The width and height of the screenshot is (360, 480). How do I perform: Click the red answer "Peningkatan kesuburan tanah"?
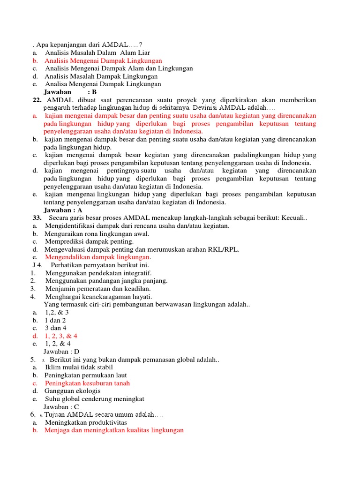click(x=87, y=383)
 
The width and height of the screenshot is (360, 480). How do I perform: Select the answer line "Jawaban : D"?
click(x=61, y=351)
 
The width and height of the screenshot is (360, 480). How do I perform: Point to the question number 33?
click(x=37, y=218)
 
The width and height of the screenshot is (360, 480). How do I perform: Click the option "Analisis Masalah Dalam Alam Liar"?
click(x=97, y=53)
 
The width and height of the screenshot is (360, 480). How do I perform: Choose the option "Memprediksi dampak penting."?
click(x=90, y=241)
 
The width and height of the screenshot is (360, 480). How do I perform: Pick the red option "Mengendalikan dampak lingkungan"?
click(x=98, y=257)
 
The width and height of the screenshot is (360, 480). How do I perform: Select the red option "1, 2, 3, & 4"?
click(x=61, y=336)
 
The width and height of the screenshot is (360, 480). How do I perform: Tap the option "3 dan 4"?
click(x=55, y=328)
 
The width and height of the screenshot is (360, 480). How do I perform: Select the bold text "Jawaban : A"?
click(x=63, y=210)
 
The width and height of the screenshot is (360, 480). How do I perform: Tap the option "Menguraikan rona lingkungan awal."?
click(x=97, y=233)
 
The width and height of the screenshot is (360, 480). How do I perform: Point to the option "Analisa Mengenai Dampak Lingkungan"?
click(x=103, y=84)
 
